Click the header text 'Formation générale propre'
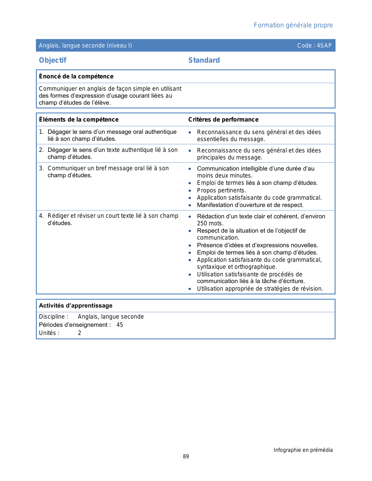coord(293,25)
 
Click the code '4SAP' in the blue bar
coord(324,45)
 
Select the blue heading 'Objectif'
coord(53,60)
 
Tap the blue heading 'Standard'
coord(204,60)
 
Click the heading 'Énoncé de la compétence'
coord(76,76)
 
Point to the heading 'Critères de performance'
coord(223,120)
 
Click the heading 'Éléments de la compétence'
coord(79,120)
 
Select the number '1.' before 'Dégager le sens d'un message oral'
coord(41,132)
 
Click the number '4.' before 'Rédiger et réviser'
coord(41,216)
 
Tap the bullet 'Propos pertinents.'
coord(221,190)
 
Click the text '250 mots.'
coord(210,224)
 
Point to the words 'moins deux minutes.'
coord(225,175)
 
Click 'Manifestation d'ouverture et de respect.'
coord(250,205)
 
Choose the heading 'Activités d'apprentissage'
coord(76,306)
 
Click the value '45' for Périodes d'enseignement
coord(120,325)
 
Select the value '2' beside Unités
coord(79,333)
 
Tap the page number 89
coord(186,457)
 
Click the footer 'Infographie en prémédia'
coord(303,450)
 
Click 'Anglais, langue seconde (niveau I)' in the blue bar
coord(85,45)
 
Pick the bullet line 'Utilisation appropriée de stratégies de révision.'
coord(260,289)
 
